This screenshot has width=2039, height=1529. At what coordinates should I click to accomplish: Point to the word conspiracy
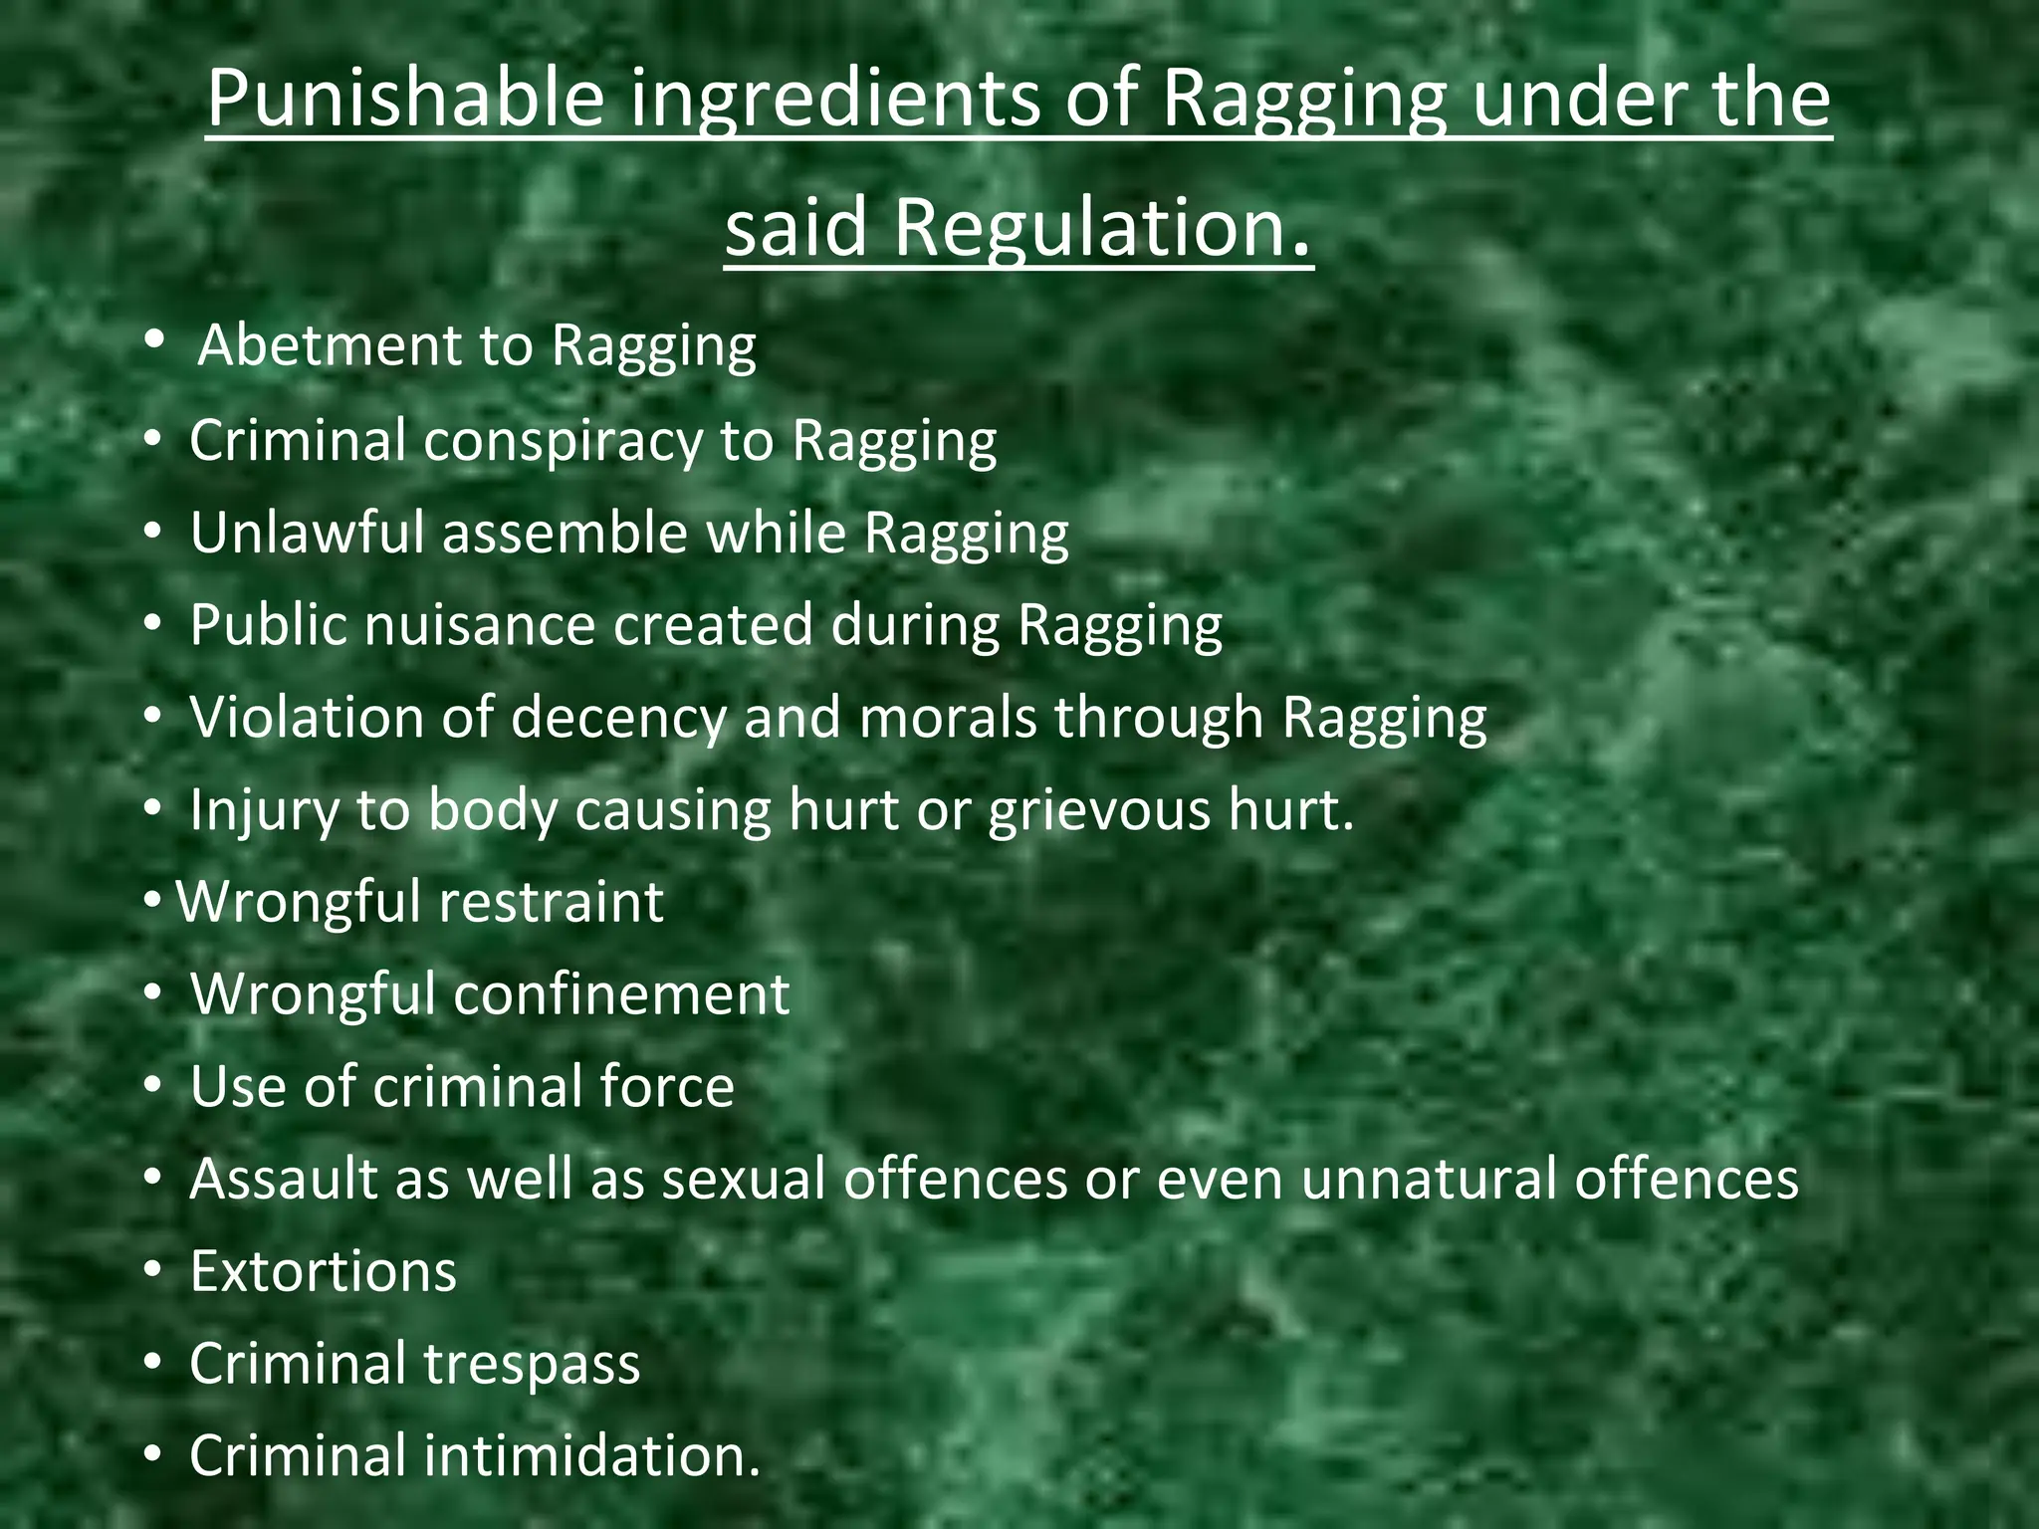click(x=563, y=441)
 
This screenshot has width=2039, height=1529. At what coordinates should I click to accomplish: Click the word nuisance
click(x=478, y=625)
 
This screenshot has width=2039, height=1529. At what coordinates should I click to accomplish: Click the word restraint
click(x=551, y=902)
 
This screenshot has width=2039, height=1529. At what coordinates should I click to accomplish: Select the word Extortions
click(x=324, y=1271)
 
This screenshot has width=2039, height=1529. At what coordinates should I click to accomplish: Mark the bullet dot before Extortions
click(x=151, y=1270)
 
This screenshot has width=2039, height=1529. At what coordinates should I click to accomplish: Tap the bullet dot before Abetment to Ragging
click(x=153, y=340)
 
